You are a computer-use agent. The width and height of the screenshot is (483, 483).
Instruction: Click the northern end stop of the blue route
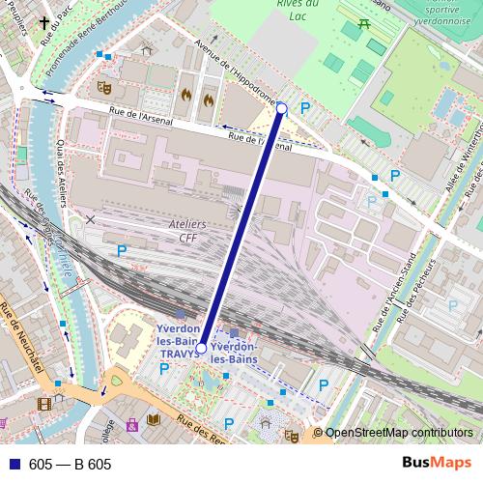pyautogui.click(x=281, y=109)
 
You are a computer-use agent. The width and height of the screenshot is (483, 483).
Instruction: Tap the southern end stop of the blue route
pyautogui.click(x=202, y=346)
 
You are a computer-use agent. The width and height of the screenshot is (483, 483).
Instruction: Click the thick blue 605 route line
pyautogui.click(x=241, y=227)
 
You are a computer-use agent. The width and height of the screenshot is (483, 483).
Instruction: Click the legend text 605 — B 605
pyautogui.click(x=70, y=465)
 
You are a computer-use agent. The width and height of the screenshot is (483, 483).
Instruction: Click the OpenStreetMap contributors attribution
pyautogui.click(x=398, y=433)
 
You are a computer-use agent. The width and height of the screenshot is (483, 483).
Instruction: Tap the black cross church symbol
pyautogui.click(x=43, y=22)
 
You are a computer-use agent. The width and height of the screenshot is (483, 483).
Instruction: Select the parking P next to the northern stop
pyautogui.click(x=305, y=109)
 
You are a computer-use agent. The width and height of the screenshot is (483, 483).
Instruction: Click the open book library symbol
pyautogui.click(x=153, y=420)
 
